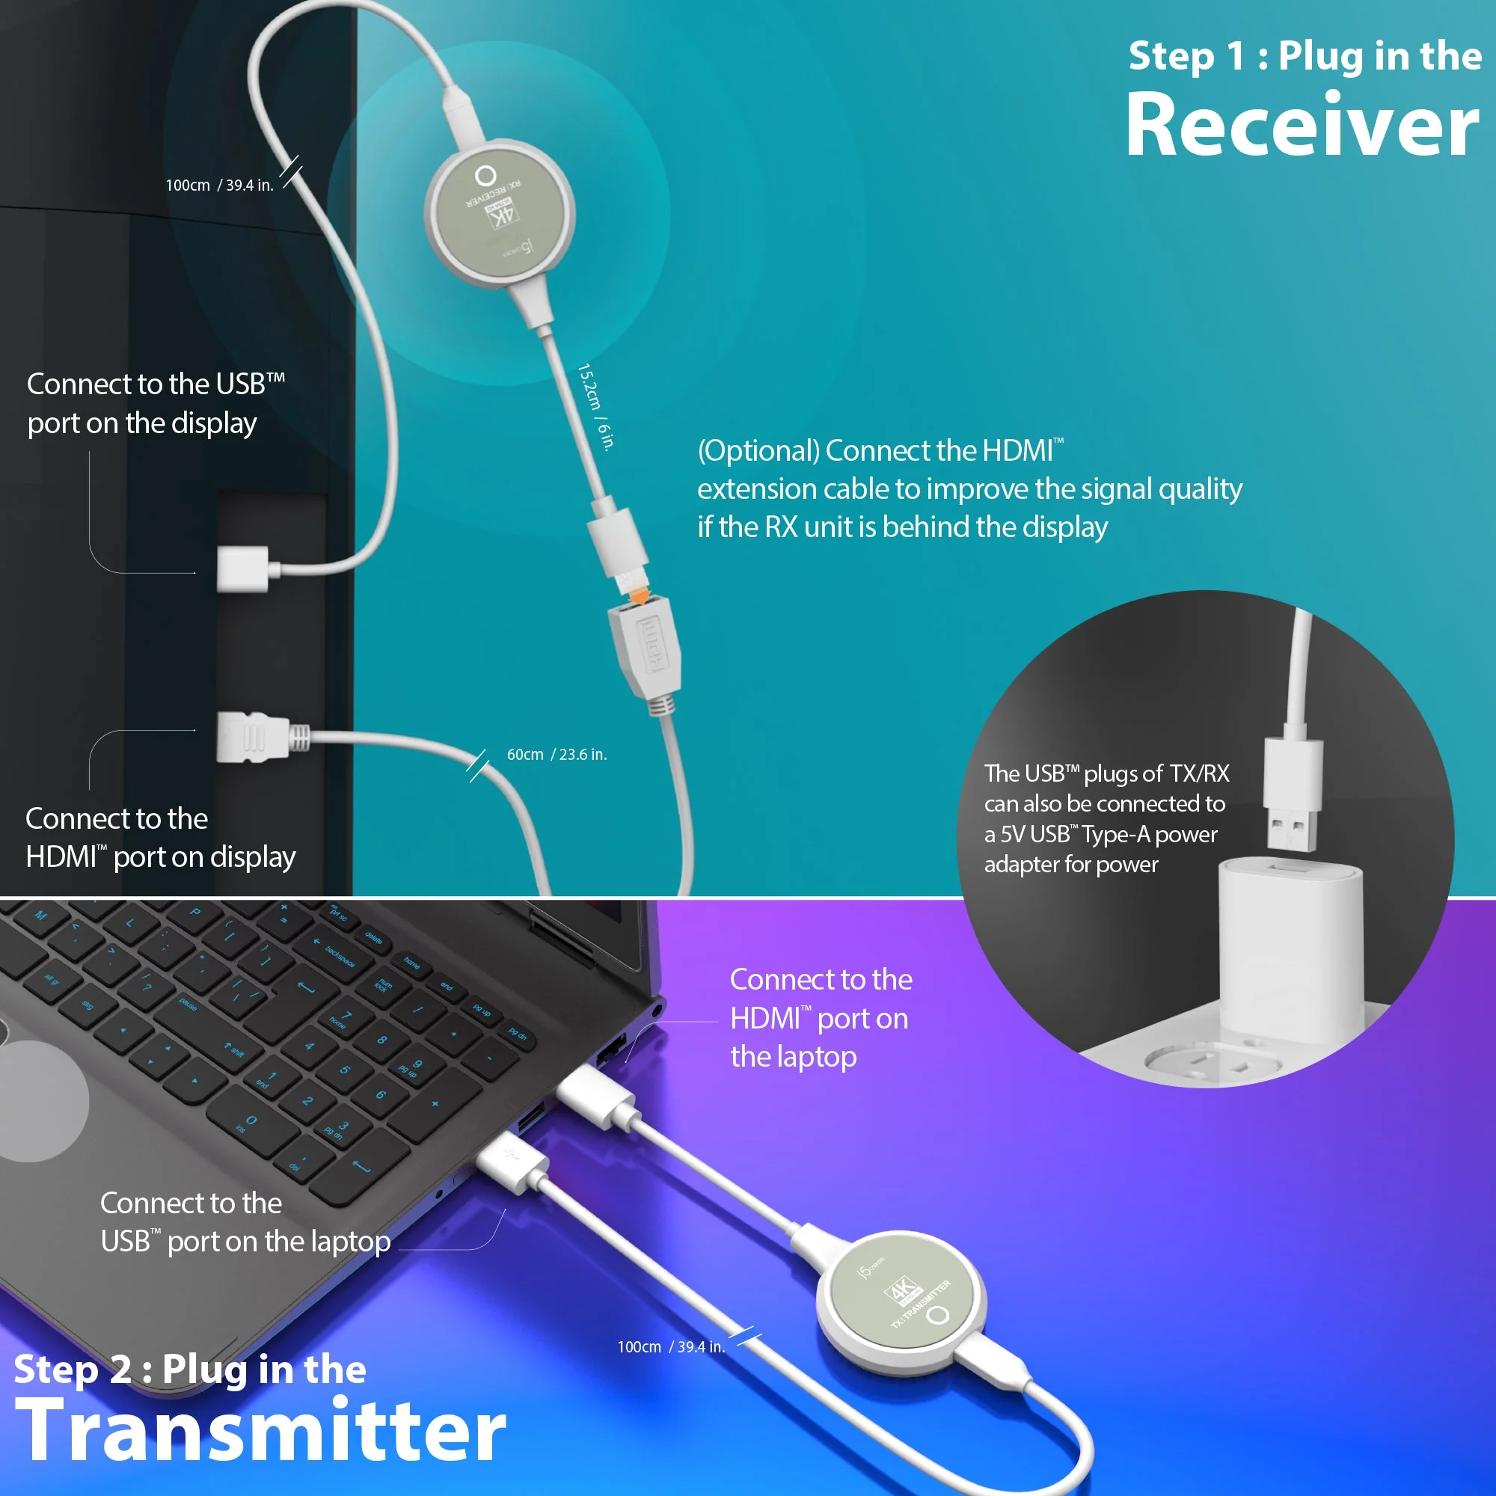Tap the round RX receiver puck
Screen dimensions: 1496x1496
(500, 213)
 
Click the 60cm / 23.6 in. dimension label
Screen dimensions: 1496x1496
(557, 755)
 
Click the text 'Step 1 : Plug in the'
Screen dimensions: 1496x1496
(1305, 57)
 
